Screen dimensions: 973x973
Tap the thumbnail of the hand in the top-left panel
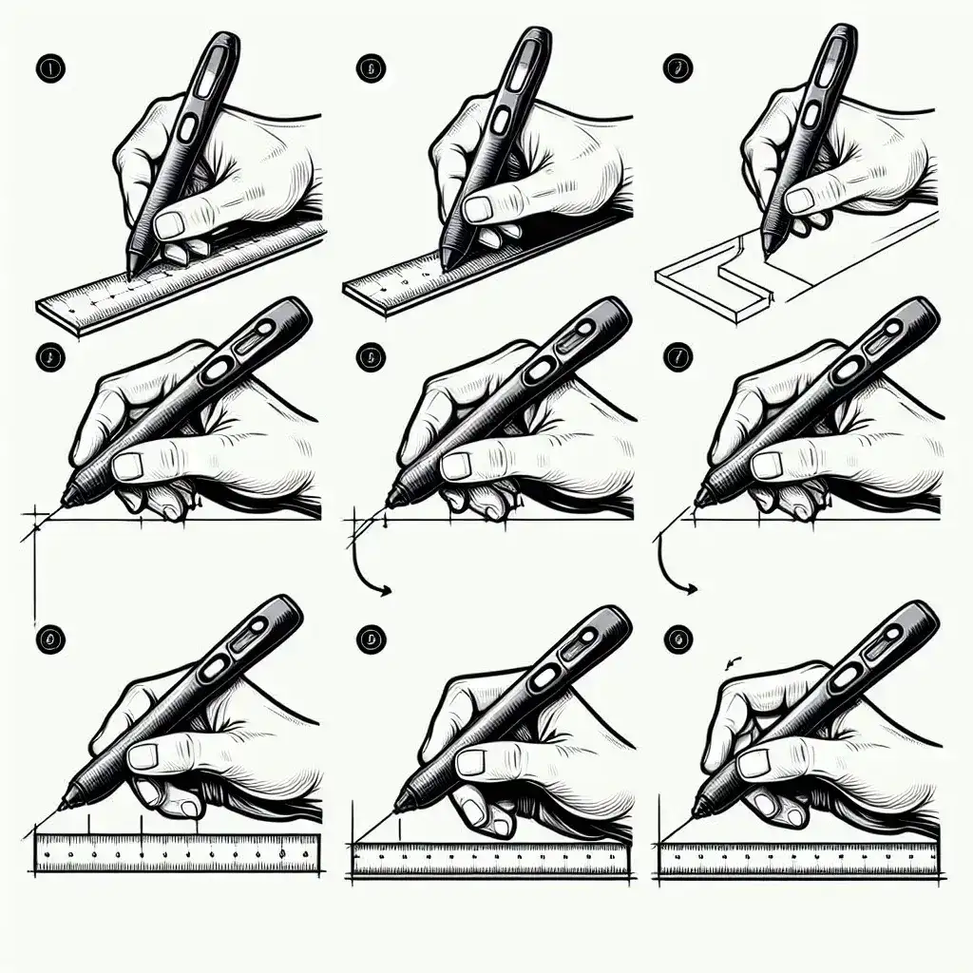[171, 224]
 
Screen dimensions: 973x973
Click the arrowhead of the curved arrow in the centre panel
[387, 592]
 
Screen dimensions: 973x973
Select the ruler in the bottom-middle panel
[489, 861]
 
